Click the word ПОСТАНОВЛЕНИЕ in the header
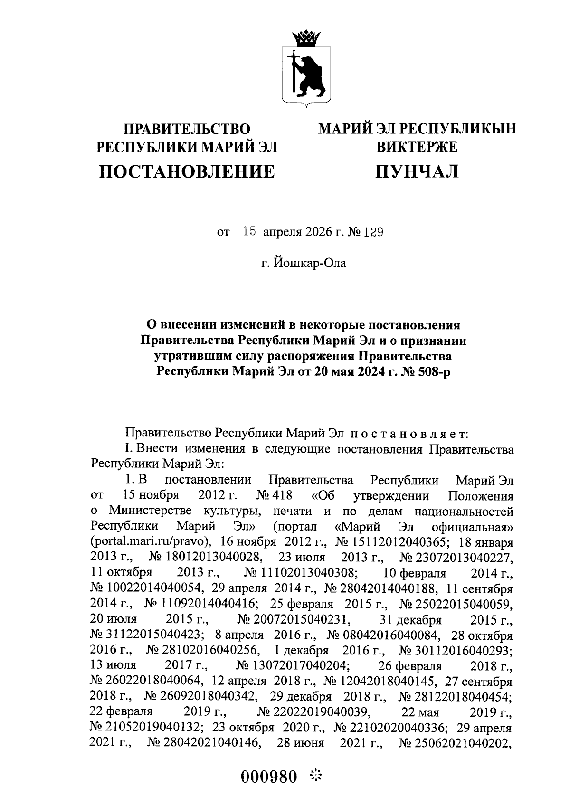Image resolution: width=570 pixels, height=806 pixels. coord(186,171)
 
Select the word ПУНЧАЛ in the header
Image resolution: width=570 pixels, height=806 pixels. coord(417,171)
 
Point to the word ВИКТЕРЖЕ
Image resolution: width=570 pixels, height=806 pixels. coord(417,147)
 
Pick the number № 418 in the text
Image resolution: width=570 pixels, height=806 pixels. coord(274,496)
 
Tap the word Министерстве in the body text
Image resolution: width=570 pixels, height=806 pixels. coord(149,512)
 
